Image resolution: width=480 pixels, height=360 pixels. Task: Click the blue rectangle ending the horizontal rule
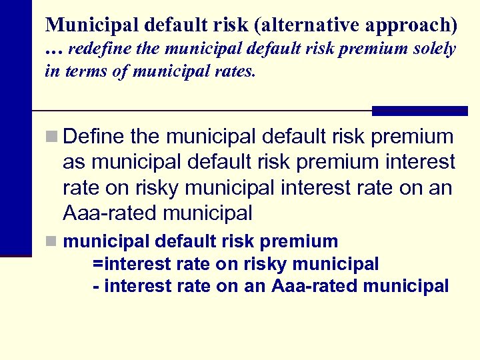pos(419,111)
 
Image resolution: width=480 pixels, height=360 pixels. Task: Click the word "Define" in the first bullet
pos(93,137)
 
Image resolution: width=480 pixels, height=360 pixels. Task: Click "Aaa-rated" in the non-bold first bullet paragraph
pos(107,213)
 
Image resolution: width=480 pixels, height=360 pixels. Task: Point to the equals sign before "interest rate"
pos(98,265)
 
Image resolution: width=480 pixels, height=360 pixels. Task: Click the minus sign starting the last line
pos(96,287)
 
